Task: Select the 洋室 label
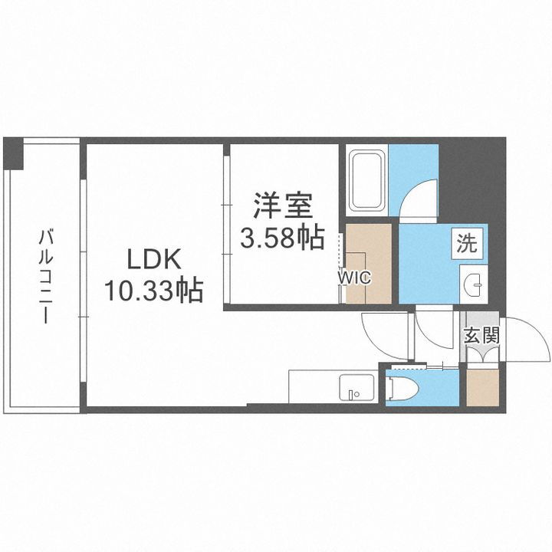(x=283, y=208)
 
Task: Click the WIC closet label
(x=356, y=278)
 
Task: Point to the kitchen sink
(x=355, y=388)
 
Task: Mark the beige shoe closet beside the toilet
(x=480, y=387)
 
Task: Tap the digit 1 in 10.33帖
(x=110, y=291)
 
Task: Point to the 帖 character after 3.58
(x=310, y=238)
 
